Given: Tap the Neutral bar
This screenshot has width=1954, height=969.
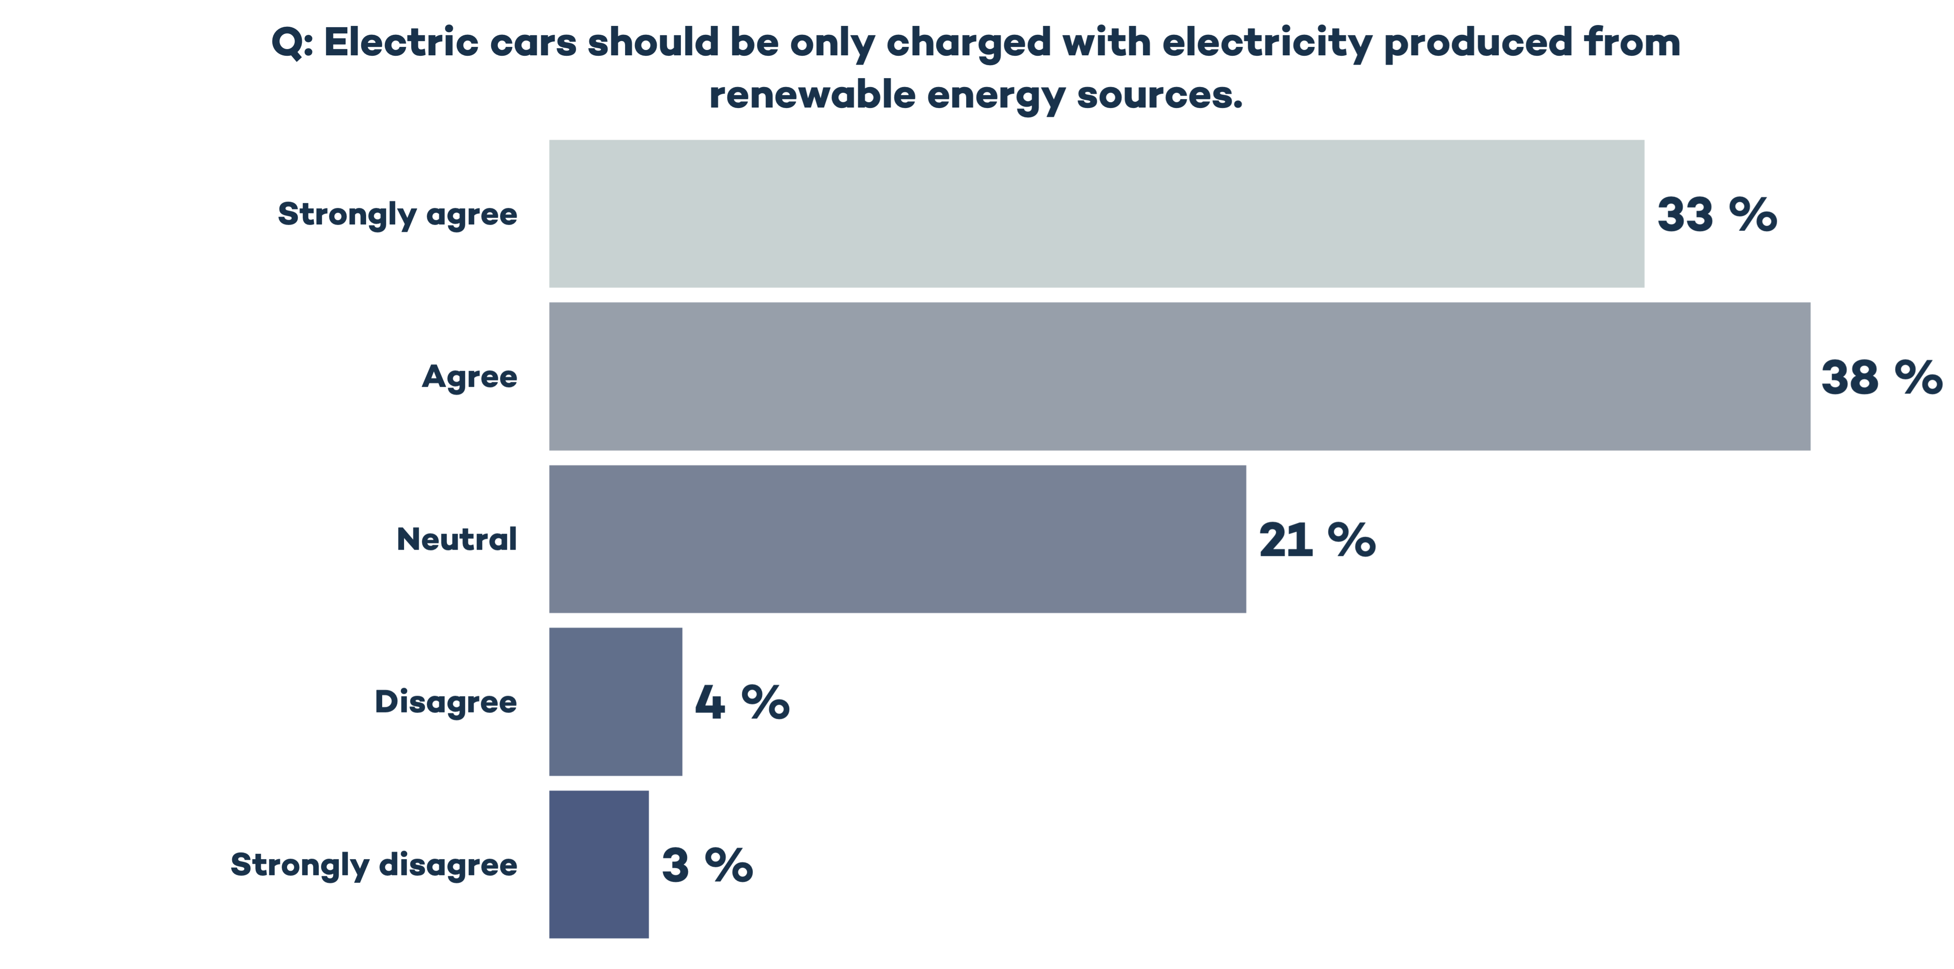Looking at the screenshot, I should coord(897,539).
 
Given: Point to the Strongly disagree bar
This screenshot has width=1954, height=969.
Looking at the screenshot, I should coord(599,864).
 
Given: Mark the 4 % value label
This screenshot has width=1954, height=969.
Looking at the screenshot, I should coord(742,702).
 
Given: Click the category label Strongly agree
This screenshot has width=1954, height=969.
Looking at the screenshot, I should coord(397,215).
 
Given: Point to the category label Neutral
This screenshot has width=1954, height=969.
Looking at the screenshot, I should coord(457,540).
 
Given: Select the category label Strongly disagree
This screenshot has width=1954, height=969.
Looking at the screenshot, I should coord(374,864).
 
